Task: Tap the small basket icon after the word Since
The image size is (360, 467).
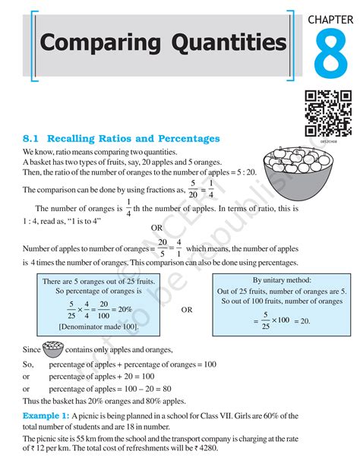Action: coord(52,349)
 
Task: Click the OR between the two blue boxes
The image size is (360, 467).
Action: coord(186,310)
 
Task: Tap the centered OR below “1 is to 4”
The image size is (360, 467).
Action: coord(156,227)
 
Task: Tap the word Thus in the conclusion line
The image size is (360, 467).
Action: coord(34,401)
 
